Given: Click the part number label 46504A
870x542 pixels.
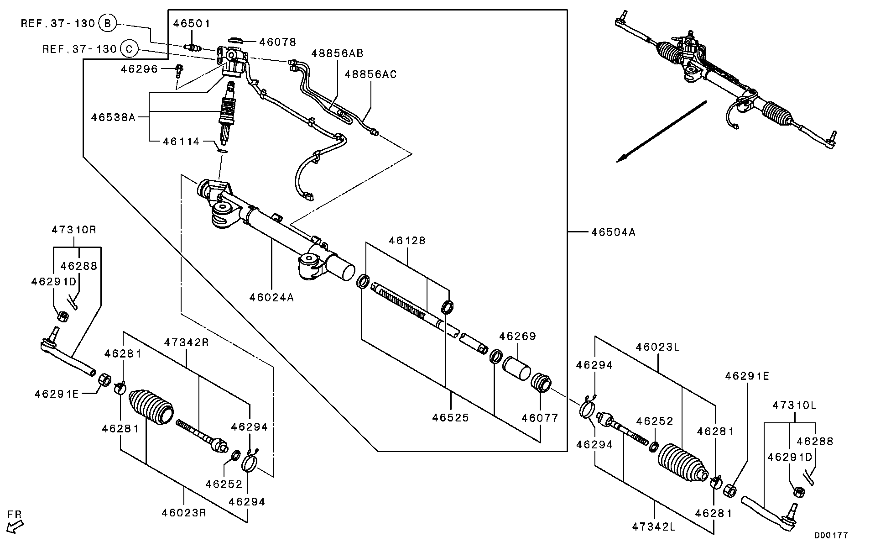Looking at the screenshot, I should pos(613,232).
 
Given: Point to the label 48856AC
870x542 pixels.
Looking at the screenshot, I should pos(370,74).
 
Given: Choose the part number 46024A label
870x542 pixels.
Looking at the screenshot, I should pos(271,298).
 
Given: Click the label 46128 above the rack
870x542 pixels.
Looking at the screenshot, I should pos(407,241).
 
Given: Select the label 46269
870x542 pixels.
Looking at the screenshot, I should pos(517,337).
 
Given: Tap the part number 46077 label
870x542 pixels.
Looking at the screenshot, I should pos(540,418).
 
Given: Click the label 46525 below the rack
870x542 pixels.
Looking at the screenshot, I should pos(450,418).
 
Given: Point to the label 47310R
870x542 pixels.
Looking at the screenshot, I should pos(73,230).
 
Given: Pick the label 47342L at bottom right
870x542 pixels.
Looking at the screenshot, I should pos(654,527).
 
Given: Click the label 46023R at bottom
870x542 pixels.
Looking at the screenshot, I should pos(184,513).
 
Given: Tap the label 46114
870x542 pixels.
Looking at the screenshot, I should pos(181,142).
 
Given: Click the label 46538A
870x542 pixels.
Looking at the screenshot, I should pos(113,117).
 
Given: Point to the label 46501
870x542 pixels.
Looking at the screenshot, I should pos(192,23).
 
